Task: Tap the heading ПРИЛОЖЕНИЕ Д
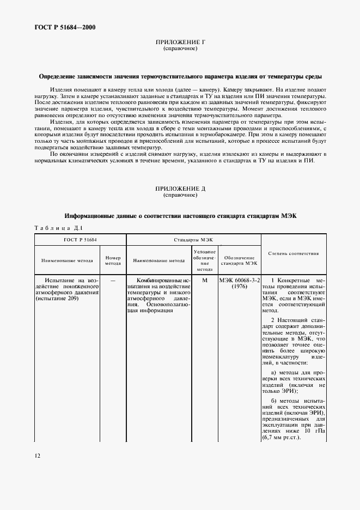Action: click(180, 188)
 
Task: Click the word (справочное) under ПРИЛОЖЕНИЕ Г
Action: click(180, 49)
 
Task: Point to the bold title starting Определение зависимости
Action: click(180, 77)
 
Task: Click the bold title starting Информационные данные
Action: click(180, 216)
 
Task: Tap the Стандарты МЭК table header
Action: click(193, 239)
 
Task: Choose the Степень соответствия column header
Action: click(294, 253)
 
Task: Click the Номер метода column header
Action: click(113, 260)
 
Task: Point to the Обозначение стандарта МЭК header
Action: click(239, 260)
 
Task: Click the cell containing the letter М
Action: click(205, 280)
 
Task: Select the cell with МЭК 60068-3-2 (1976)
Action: click(239, 283)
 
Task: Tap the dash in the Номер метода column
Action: click(113, 280)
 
